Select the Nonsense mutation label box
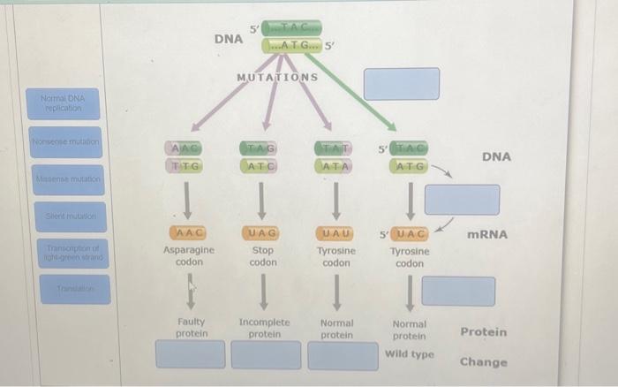(x=63, y=141)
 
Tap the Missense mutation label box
(x=63, y=179)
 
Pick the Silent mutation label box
(x=63, y=216)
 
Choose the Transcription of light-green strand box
(x=63, y=252)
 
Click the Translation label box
(x=63, y=288)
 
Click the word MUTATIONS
(x=277, y=77)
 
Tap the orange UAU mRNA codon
(x=335, y=233)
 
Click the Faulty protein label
(x=192, y=328)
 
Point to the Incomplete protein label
(x=264, y=328)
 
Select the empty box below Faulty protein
(x=191, y=354)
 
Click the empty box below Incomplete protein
(x=266, y=354)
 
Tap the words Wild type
(x=410, y=354)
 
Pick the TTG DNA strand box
(x=186, y=164)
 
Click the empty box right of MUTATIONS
(x=402, y=83)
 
